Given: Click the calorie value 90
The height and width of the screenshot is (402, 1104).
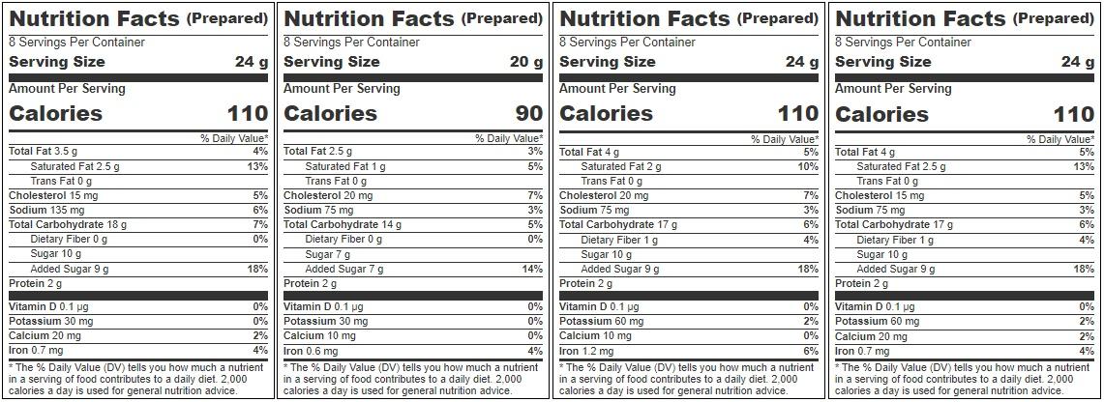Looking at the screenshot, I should click(528, 113).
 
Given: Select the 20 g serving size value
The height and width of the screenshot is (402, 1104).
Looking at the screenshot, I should click(526, 62).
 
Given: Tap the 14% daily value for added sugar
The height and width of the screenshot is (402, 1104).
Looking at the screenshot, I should click(533, 269).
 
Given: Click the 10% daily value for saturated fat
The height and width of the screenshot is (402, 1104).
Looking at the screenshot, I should click(809, 166).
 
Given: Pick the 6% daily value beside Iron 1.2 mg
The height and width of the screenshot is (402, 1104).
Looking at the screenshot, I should click(812, 351).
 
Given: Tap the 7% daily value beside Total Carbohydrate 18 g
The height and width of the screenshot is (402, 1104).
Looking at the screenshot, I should click(261, 224).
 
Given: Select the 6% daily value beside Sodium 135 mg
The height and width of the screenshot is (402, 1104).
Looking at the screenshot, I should click(261, 210).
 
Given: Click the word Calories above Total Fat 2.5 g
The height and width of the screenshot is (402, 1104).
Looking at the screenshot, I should click(330, 113).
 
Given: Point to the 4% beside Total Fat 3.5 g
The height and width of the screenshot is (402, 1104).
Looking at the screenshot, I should click(261, 152).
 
